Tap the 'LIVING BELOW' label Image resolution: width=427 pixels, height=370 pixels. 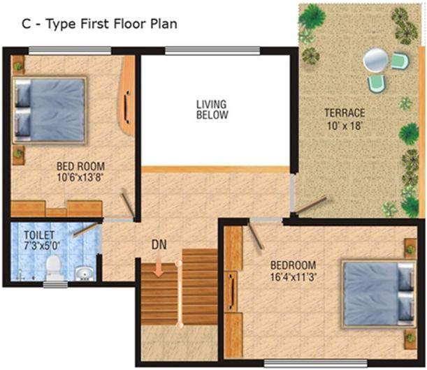point(212,110)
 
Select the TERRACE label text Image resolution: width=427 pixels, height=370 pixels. point(345,113)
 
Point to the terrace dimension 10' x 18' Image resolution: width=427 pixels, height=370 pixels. point(345,126)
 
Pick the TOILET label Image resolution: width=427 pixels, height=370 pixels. point(35,235)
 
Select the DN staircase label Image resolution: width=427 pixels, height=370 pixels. point(159,245)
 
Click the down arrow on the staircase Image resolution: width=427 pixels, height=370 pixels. point(160,268)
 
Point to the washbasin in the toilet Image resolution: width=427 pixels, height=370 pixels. point(84,271)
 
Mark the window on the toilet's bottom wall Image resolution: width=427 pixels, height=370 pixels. point(55,284)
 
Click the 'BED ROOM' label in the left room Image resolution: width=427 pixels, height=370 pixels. point(80,166)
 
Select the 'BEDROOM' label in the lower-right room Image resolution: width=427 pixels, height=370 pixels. point(294,265)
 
